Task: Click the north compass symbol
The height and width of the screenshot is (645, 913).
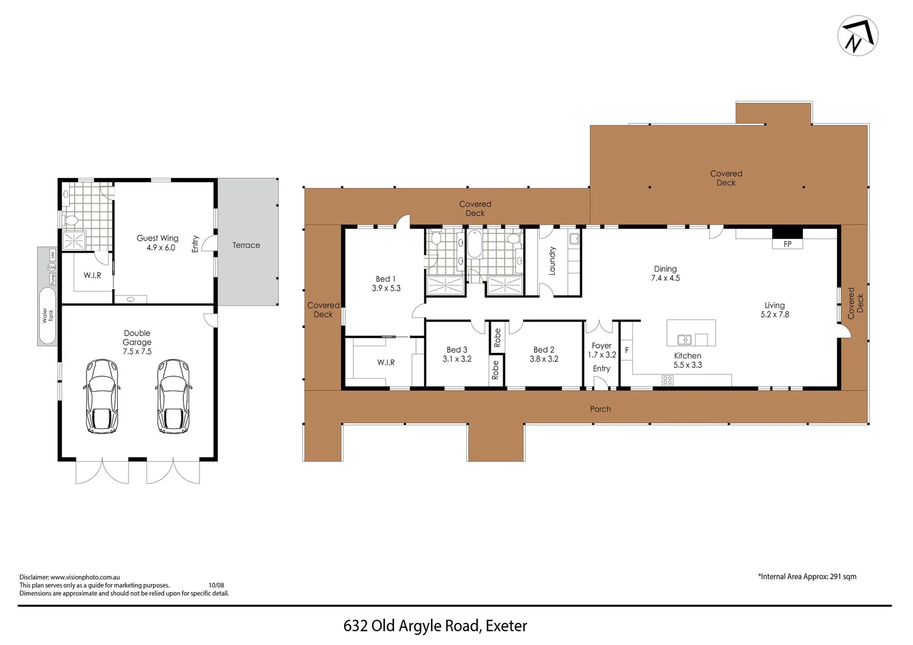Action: (x=858, y=36)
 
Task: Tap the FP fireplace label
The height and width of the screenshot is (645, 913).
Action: (x=787, y=244)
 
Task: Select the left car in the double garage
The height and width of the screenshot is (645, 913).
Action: (x=101, y=395)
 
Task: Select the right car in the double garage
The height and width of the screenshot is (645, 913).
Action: (x=174, y=395)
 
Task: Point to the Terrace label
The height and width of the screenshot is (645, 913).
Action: (x=246, y=245)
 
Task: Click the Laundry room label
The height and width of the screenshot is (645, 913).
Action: (x=552, y=261)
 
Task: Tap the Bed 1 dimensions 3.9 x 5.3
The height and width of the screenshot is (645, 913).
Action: (x=386, y=288)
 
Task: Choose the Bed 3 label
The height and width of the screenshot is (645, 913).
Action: (x=457, y=350)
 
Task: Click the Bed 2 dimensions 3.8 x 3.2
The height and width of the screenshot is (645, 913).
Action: (x=543, y=359)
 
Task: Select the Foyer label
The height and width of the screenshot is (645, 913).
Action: (x=601, y=346)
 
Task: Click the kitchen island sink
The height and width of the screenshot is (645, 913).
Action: (x=684, y=339)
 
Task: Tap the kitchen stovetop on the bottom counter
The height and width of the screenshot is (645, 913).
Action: (x=668, y=380)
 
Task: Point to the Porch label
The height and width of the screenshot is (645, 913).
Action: (x=600, y=409)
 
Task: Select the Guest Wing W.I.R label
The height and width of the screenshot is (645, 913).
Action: (x=92, y=275)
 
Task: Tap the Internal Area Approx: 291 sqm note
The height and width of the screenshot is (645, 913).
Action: (x=807, y=576)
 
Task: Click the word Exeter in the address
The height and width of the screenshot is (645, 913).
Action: (x=506, y=626)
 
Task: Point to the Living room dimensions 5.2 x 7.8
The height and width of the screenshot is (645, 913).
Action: (x=774, y=314)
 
